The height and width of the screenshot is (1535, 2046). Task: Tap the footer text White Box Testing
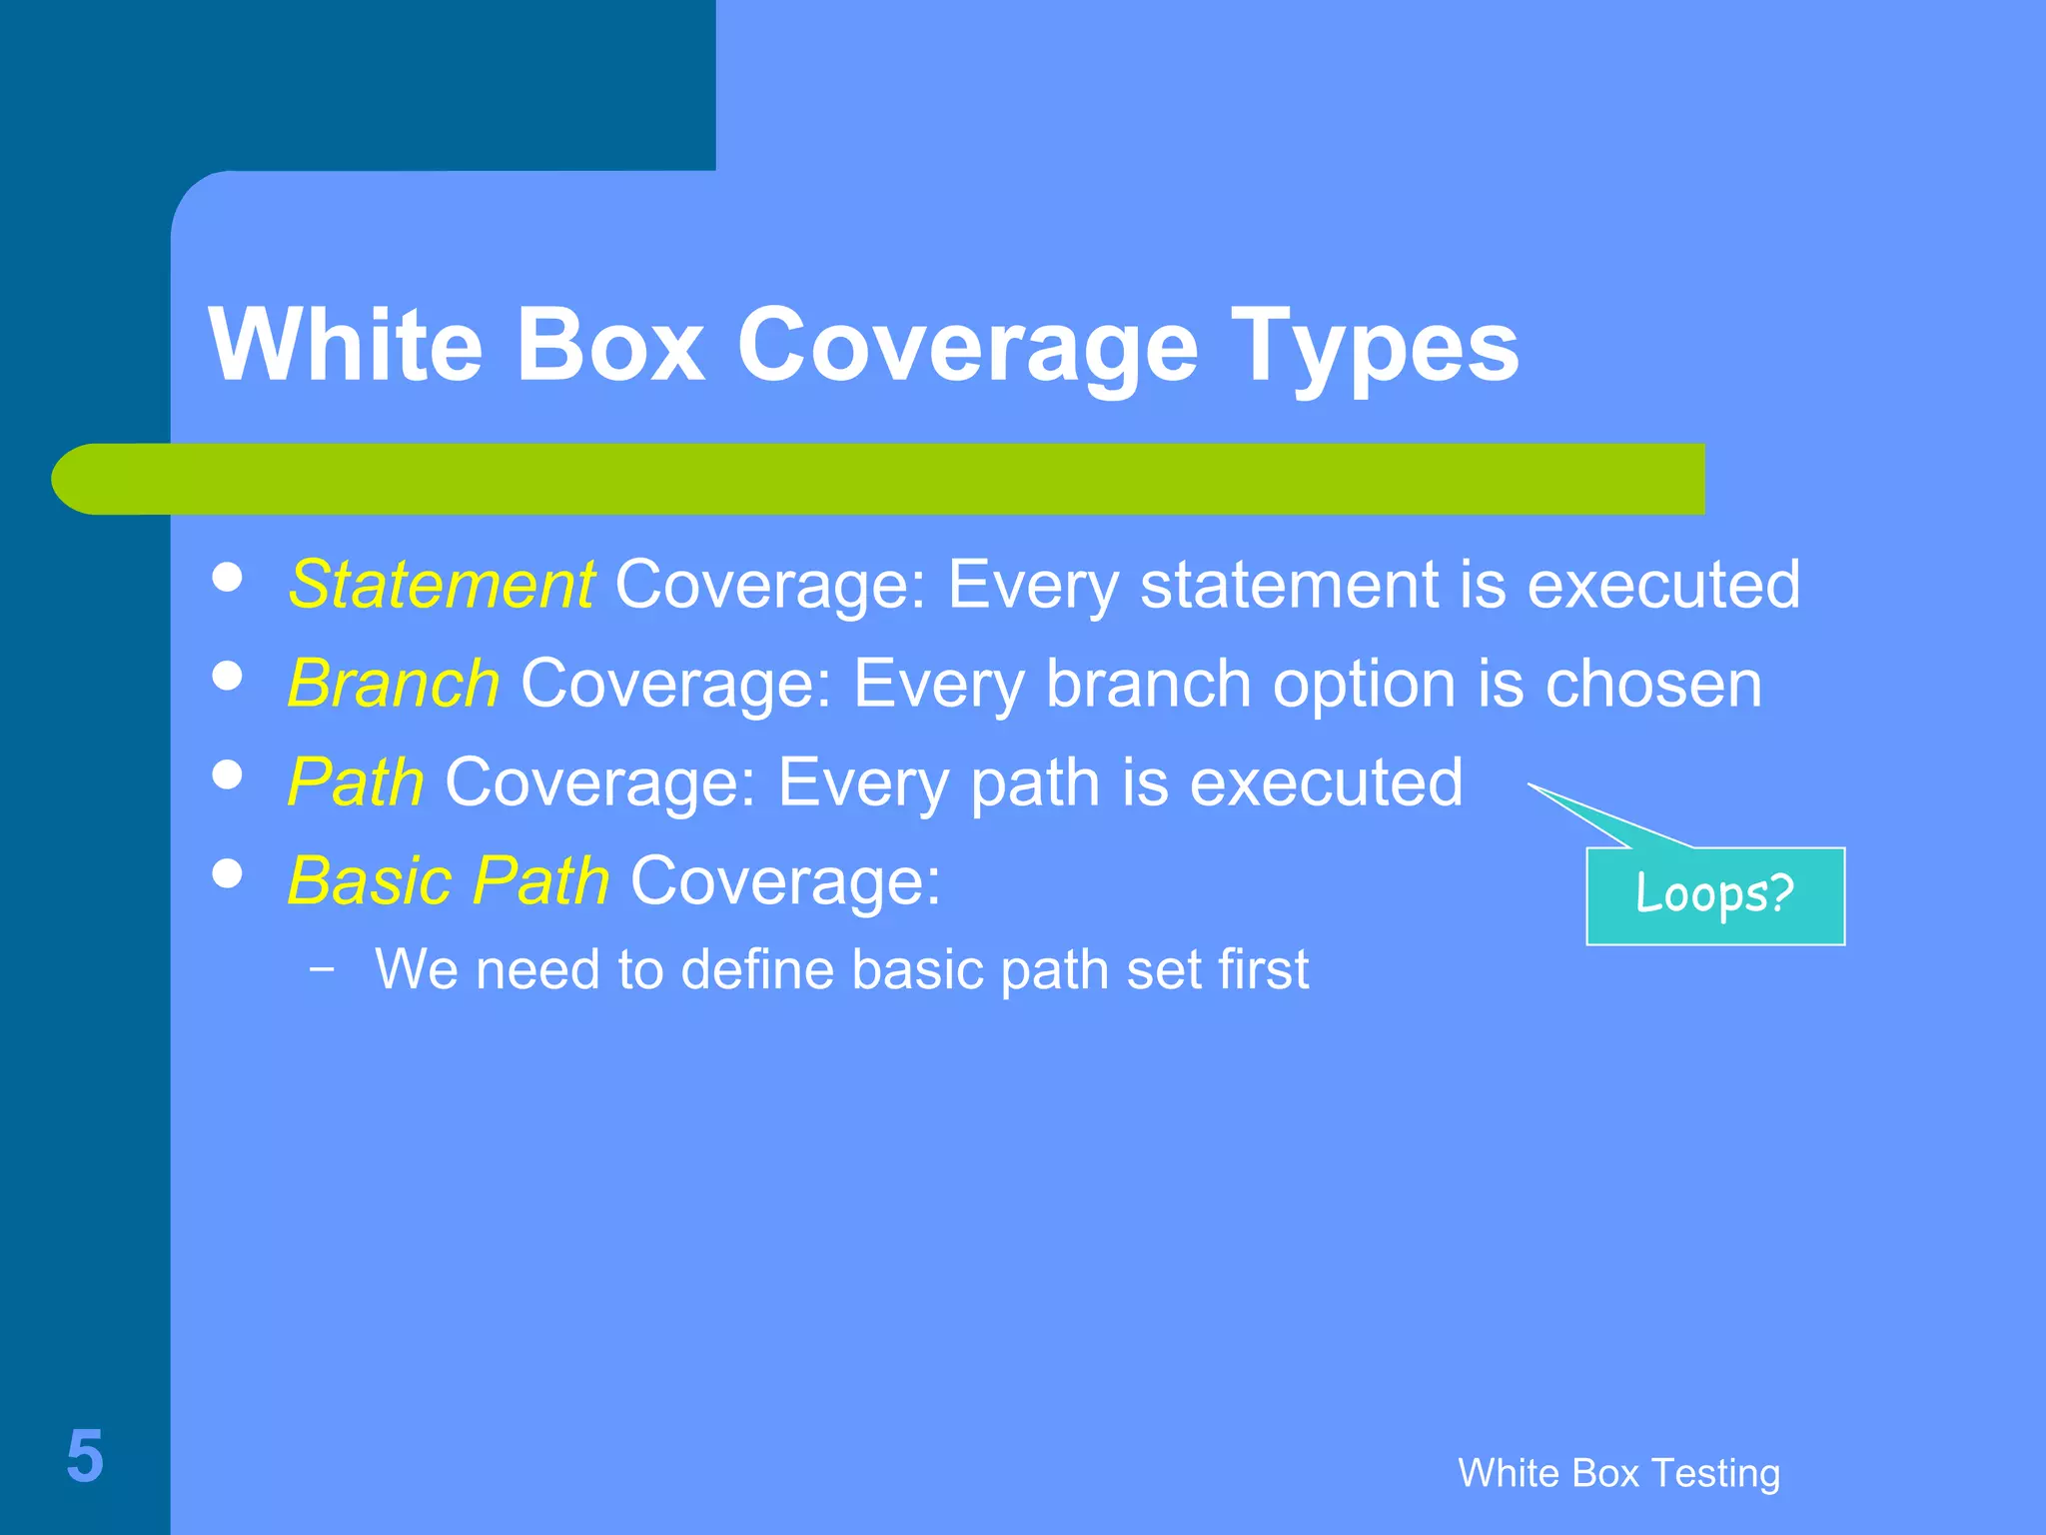(x=1618, y=1473)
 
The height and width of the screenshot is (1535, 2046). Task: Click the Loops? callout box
(x=1715, y=895)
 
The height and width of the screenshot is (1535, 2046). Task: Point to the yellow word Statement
(x=441, y=585)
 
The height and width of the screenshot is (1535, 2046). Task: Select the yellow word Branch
(x=393, y=685)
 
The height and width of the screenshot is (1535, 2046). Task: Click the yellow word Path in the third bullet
(x=356, y=782)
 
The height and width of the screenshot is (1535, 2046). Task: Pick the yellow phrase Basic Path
(x=448, y=881)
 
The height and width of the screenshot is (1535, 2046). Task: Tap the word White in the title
(x=346, y=345)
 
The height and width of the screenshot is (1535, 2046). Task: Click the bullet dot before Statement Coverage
(x=228, y=577)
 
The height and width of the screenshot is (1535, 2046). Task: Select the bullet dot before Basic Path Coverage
(x=228, y=873)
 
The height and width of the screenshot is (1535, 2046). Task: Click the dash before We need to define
(x=322, y=968)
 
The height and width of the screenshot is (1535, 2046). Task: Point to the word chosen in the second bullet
(x=1653, y=685)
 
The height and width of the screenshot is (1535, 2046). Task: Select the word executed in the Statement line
(x=1663, y=585)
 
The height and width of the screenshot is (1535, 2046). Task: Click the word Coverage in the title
(x=967, y=345)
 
